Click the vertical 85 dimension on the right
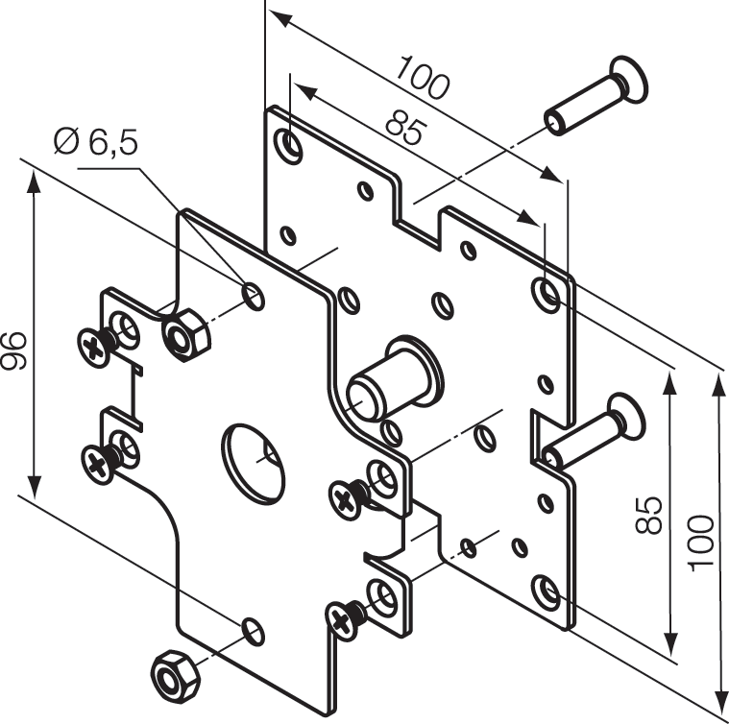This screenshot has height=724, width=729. [x=652, y=514]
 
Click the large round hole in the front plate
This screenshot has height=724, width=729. [x=255, y=463]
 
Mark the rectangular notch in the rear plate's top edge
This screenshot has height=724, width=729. [x=420, y=217]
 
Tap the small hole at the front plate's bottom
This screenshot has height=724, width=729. [x=252, y=631]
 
